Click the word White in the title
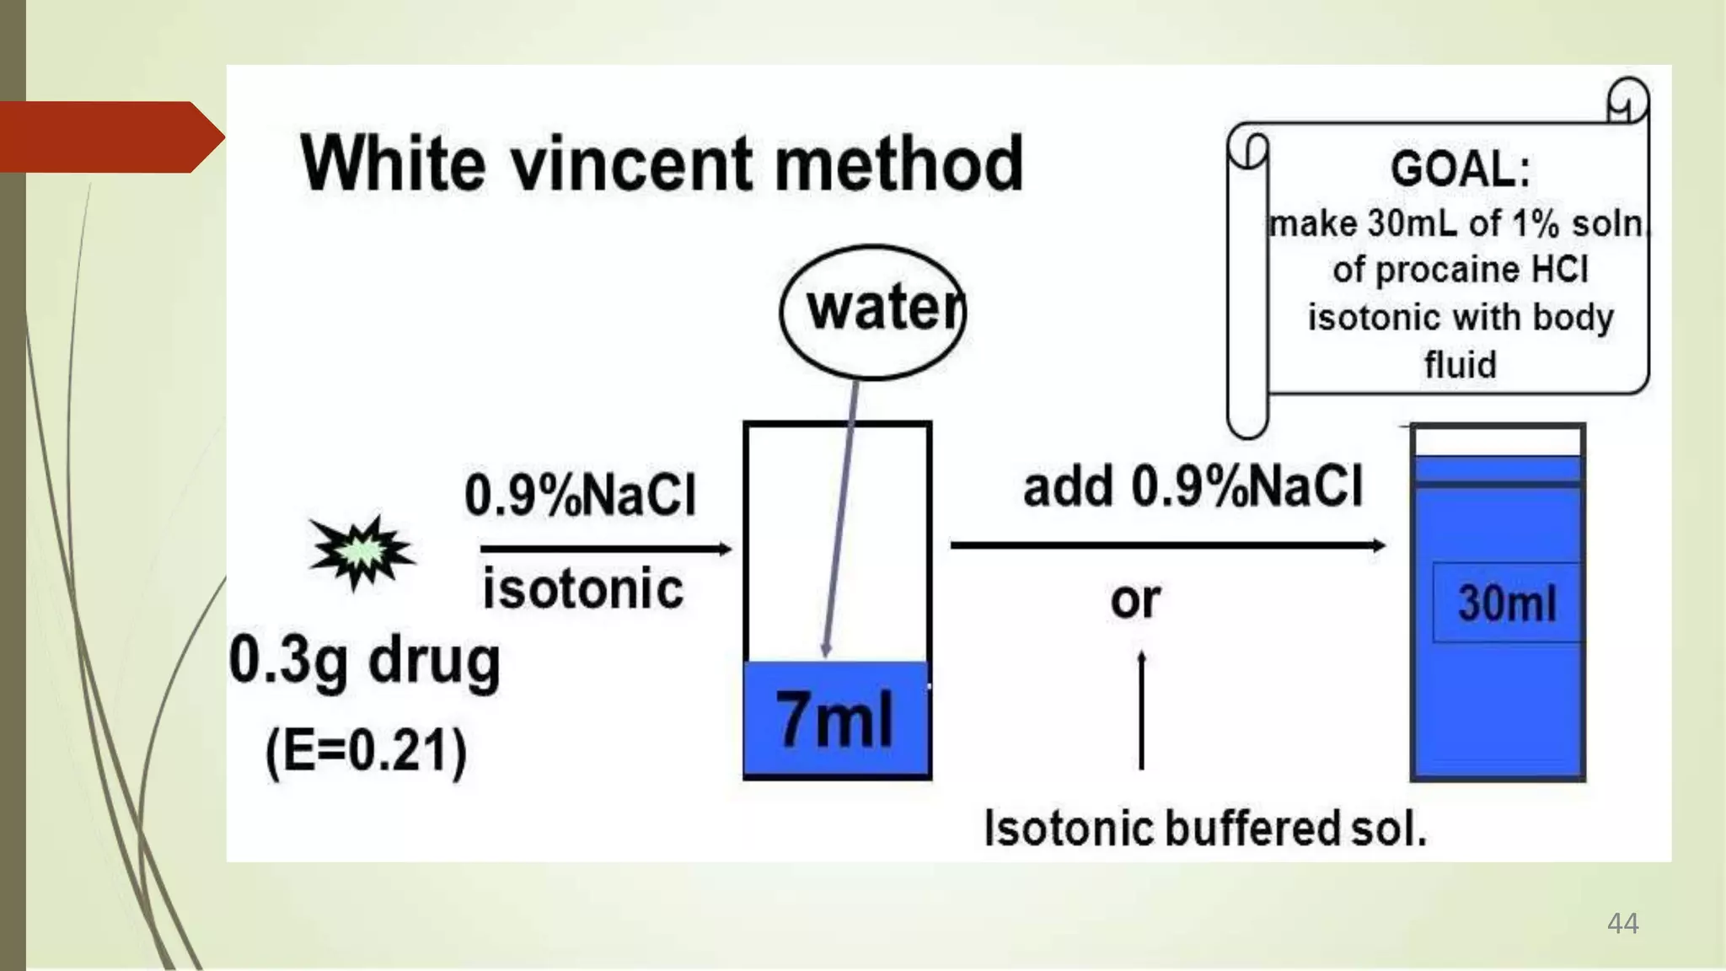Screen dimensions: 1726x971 (x=393, y=163)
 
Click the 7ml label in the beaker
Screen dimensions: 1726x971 (x=834, y=719)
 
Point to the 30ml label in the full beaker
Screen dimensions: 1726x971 (x=1507, y=604)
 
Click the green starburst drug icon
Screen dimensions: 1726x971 (x=362, y=552)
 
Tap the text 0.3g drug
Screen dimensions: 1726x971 (x=365, y=662)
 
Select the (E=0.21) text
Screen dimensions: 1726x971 (x=366, y=751)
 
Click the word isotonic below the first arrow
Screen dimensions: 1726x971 (x=582, y=588)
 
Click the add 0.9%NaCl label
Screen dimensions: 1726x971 (x=1193, y=486)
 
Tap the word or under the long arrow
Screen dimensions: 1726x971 (x=1135, y=600)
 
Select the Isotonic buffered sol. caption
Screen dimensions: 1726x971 (x=1206, y=828)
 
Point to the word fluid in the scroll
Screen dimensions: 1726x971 (x=1461, y=365)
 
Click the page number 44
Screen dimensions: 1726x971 (x=1623, y=923)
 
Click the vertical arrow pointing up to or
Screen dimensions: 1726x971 (x=1141, y=709)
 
